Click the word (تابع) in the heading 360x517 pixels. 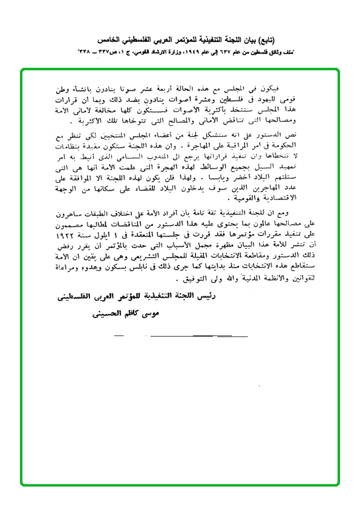(x=266, y=39)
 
